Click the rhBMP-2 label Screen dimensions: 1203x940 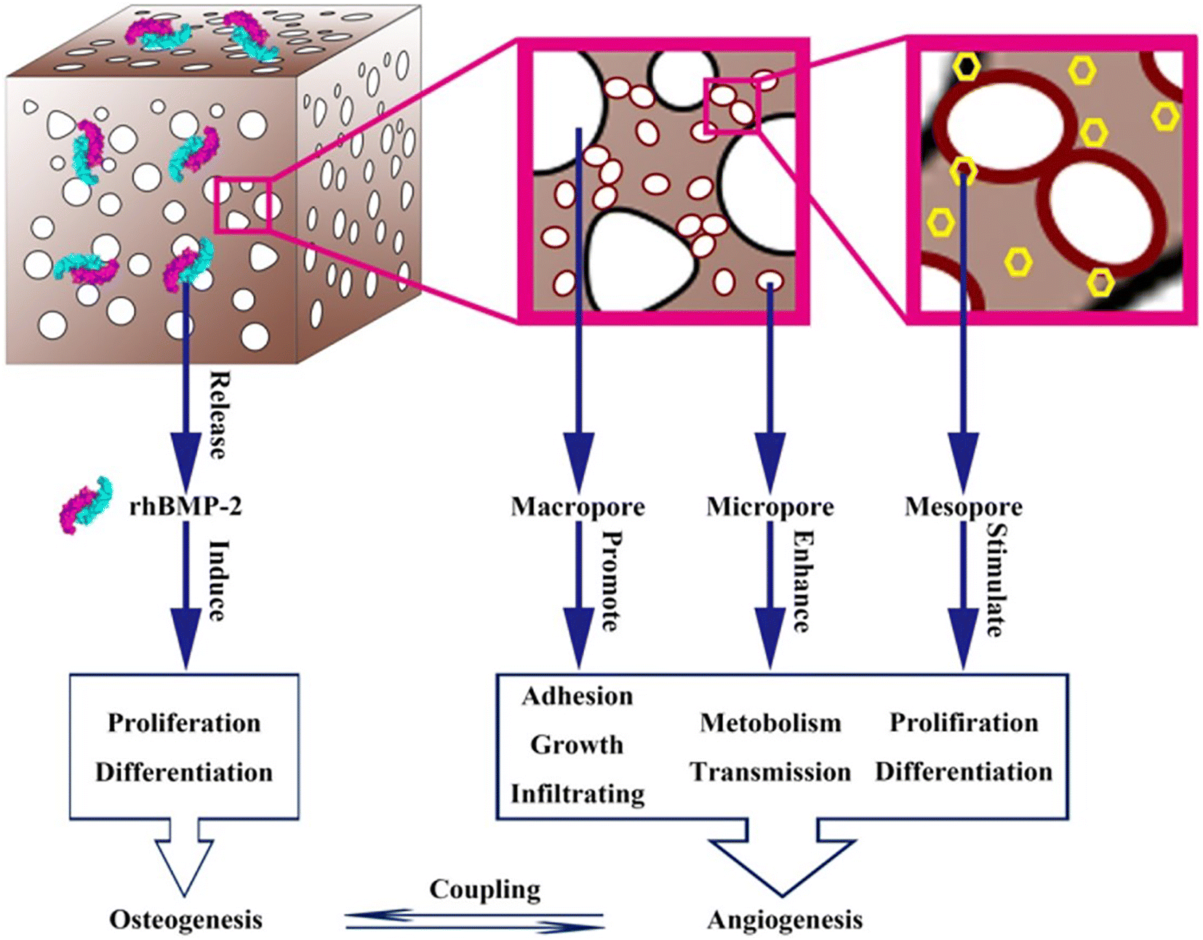pyautogui.click(x=186, y=507)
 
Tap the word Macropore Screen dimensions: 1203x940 pyautogui.click(x=578, y=507)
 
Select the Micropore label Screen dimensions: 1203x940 pyautogui.click(x=770, y=507)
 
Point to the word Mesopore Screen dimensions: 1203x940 pyautogui.click(x=964, y=507)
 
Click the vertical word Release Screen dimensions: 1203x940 pyautogui.click(x=217, y=416)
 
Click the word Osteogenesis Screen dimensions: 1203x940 pyautogui.click(x=185, y=920)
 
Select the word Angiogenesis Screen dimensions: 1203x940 pyautogui.click(x=785, y=920)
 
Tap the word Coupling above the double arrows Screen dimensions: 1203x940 pyautogui.click(x=485, y=891)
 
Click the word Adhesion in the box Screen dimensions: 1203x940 pyautogui.click(x=577, y=696)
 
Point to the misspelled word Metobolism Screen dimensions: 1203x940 pyautogui.click(x=770, y=722)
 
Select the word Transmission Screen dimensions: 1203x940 pyautogui.click(x=770, y=772)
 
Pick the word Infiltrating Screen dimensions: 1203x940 pyautogui.click(x=577, y=794)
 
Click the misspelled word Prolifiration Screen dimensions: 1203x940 pyautogui.click(x=964, y=722)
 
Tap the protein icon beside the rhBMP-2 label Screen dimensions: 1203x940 pyautogui.click(x=85, y=505)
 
